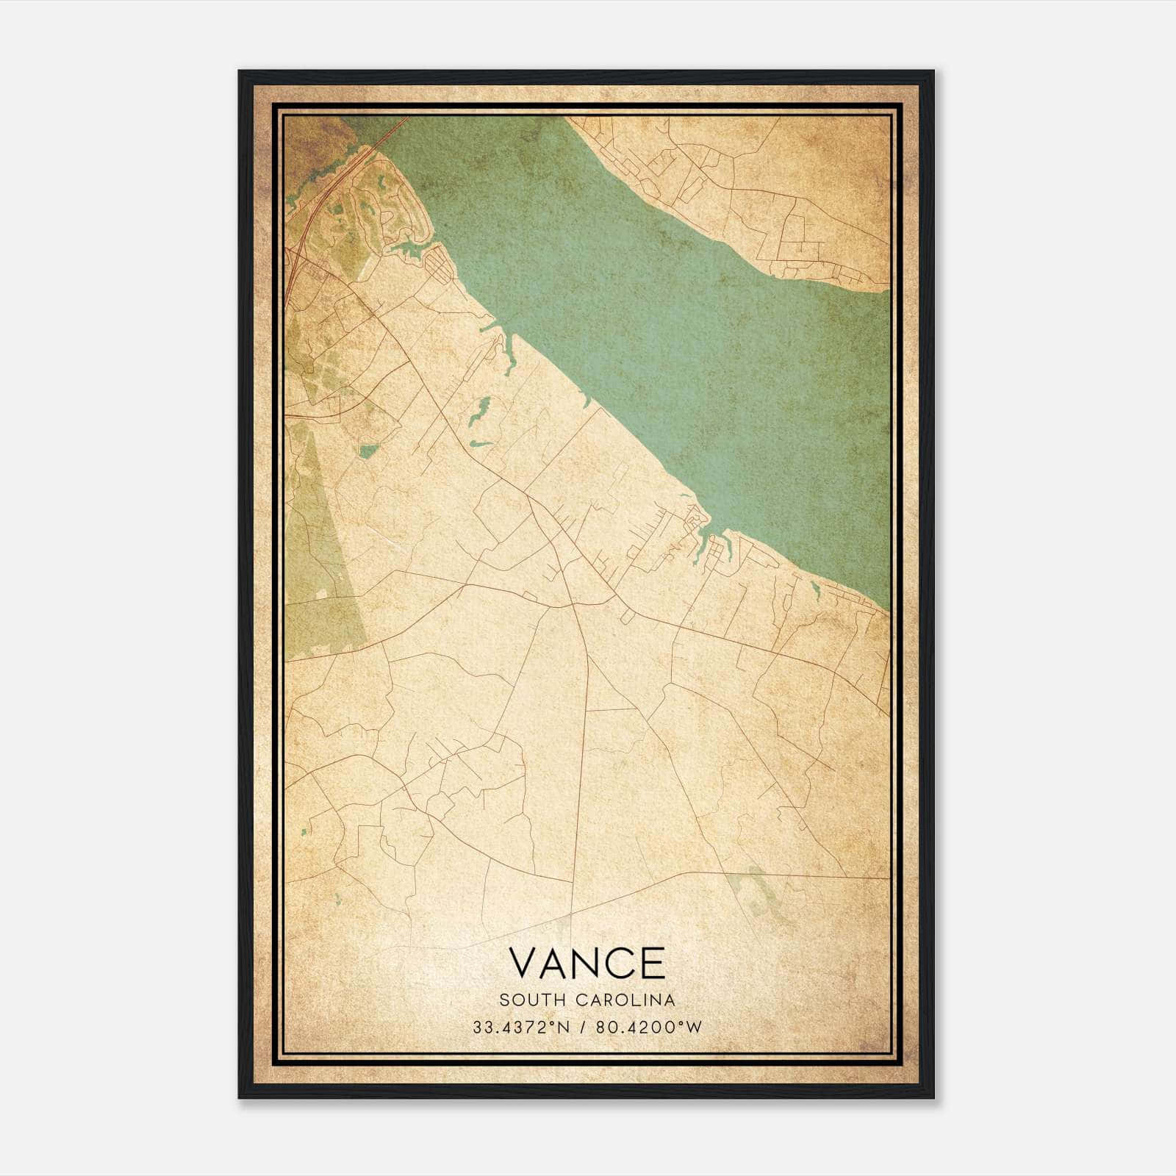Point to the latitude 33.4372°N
click(x=521, y=1027)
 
